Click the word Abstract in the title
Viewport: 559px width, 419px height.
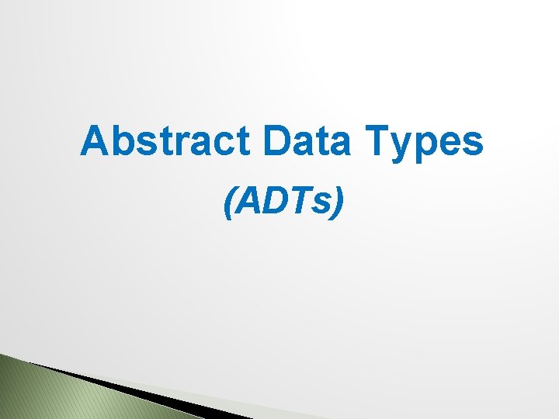click(x=165, y=141)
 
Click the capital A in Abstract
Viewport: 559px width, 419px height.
click(x=95, y=141)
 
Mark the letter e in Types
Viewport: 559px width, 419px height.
click(x=455, y=144)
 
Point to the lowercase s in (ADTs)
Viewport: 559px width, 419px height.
click(x=321, y=205)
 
